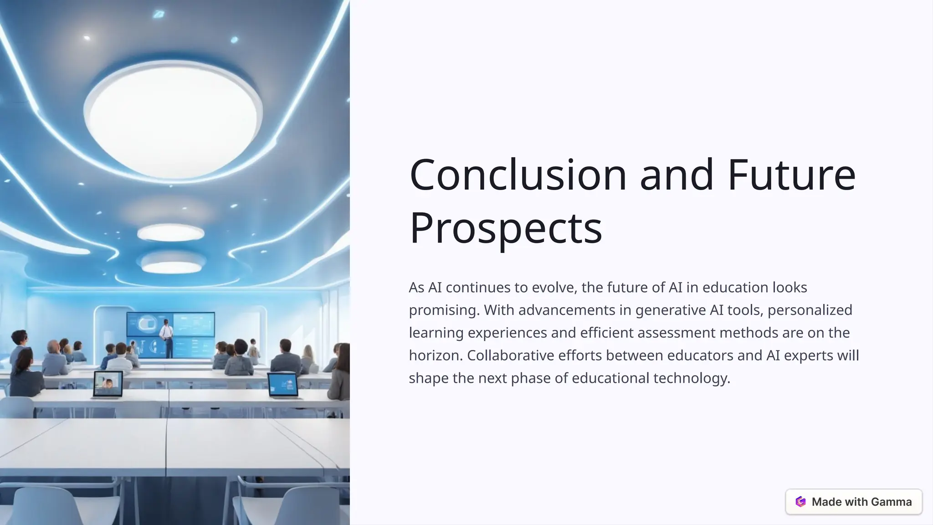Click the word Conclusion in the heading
[x=518, y=175]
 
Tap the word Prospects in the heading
[x=506, y=227]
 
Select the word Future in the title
[x=792, y=175]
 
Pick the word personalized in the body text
[x=810, y=310]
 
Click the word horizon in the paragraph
[x=435, y=355]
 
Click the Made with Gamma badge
[x=854, y=502]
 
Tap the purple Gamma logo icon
[x=800, y=502]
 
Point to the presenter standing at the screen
[x=167, y=337]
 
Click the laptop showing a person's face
[x=108, y=384]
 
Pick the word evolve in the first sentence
[x=554, y=288]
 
